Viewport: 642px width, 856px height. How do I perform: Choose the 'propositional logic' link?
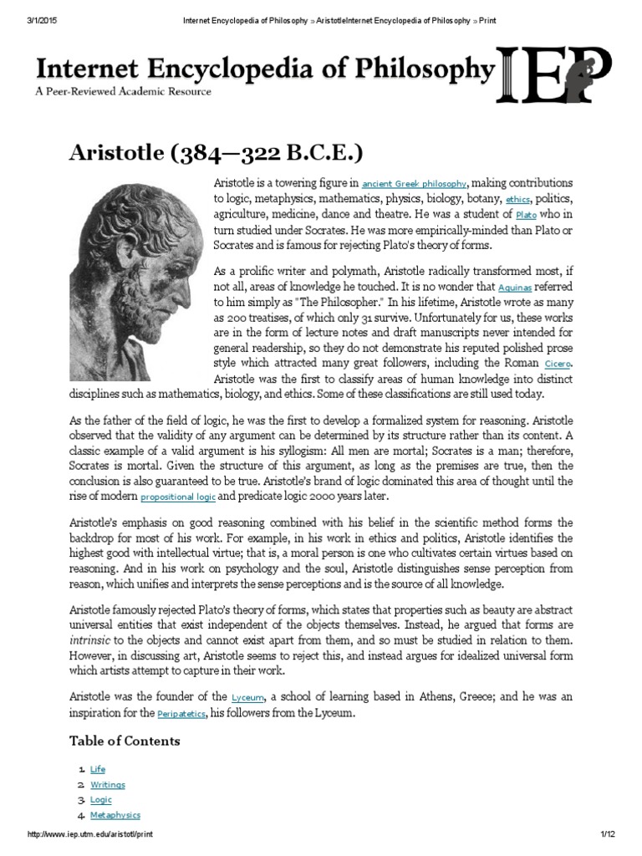point(178,497)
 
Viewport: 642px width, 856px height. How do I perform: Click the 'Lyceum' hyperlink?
point(247,696)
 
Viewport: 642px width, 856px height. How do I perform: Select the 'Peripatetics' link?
point(185,714)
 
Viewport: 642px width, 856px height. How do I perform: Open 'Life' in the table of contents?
point(98,769)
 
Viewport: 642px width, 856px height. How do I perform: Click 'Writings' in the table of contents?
point(107,785)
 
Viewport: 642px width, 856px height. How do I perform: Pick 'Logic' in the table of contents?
point(100,800)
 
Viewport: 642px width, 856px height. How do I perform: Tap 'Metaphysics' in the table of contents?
point(115,815)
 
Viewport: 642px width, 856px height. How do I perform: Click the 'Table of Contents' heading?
point(124,741)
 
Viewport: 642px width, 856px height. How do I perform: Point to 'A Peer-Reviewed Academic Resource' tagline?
point(123,91)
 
